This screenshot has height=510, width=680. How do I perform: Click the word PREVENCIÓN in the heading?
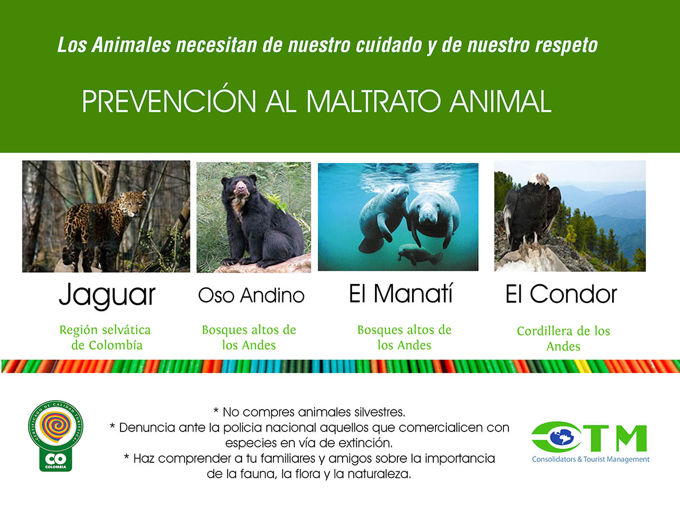[x=169, y=101]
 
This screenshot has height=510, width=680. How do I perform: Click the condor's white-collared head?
[x=539, y=179]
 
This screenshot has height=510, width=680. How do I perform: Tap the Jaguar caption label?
[x=107, y=295]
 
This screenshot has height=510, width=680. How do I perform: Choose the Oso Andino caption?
[x=251, y=295]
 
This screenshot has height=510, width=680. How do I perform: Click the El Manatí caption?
[x=401, y=293]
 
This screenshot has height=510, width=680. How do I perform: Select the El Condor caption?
[x=561, y=294]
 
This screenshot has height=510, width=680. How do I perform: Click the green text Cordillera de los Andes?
[x=563, y=338]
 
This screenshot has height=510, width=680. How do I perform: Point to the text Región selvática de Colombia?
[x=105, y=338]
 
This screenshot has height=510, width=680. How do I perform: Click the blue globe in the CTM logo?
[x=561, y=437]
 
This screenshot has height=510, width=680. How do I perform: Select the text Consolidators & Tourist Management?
[x=591, y=459]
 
